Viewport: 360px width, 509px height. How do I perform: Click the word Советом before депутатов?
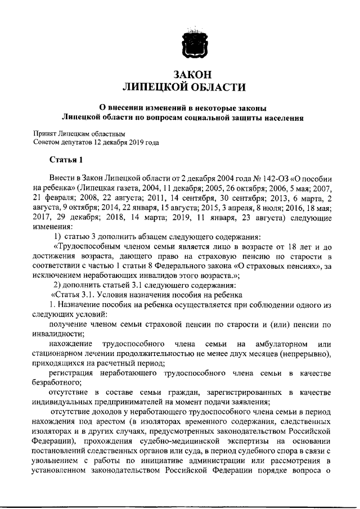48,142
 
